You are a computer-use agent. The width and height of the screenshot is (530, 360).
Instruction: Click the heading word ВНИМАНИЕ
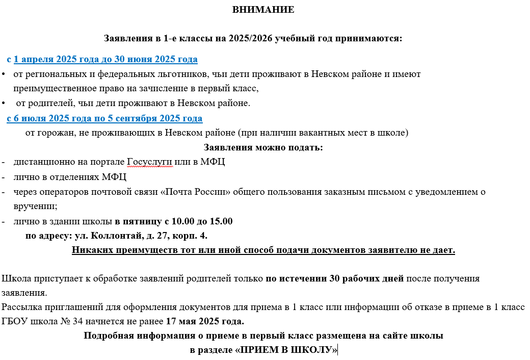click(x=263, y=10)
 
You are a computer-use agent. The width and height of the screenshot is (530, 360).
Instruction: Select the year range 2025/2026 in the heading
click(x=250, y=39)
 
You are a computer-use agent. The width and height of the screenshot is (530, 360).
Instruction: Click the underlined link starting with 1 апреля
click(x=105, y=60)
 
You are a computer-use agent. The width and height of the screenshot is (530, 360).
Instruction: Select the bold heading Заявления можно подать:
click(x=263, y=148)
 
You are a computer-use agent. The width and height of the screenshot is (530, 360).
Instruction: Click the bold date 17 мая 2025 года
click(x=205, y=322)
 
